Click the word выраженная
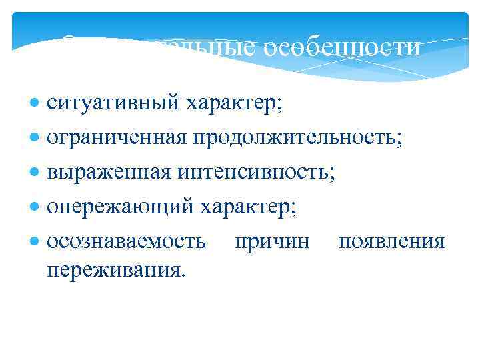pos(109,173)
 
